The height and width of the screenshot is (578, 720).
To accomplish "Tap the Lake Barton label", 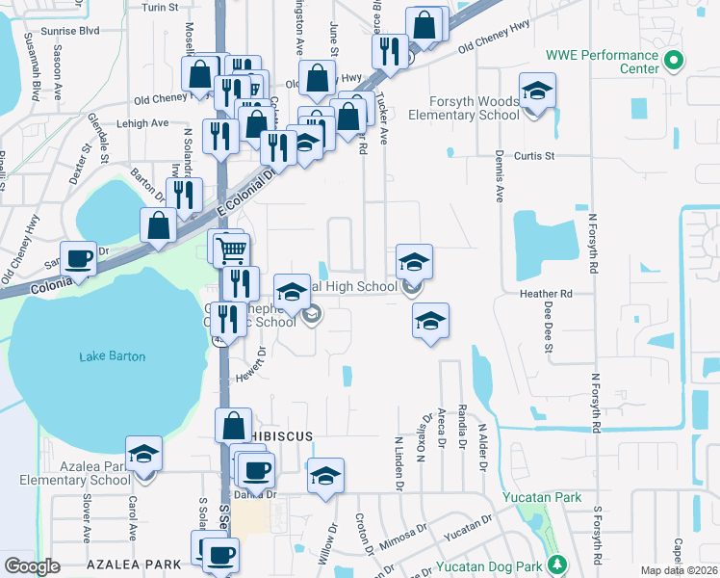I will [113, 356].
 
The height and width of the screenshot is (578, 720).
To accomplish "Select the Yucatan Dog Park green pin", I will [554, 564].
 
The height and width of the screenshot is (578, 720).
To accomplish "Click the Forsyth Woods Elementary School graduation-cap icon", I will [536, 92].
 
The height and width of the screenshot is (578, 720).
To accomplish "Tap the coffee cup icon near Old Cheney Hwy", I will [78, 258].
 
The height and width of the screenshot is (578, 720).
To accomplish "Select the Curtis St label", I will [535, 155].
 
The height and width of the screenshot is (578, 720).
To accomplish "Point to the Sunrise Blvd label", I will [76, 31].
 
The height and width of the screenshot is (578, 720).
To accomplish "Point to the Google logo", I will [32, 566].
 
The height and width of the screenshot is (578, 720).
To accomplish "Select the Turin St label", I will [160, 7].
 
